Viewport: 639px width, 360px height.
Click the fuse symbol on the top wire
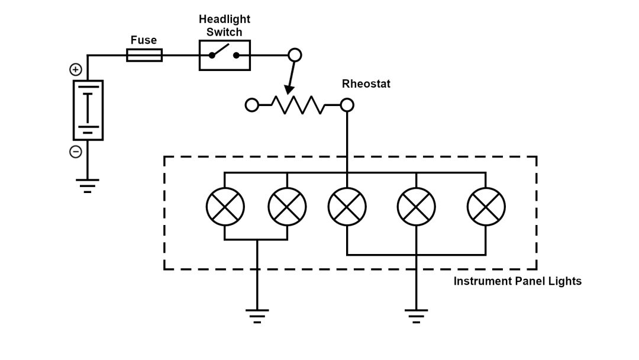coord(144,56)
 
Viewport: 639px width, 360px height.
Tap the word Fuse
coord(144,40)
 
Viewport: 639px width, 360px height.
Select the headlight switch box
coord(224,55)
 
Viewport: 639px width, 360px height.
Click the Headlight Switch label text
coord(224,25)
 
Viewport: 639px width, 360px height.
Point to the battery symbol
coord(88,110)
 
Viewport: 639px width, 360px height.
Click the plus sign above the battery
coord(76,70)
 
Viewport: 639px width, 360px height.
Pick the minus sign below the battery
coord(76,152)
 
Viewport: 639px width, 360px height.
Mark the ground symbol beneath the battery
coord(88,186)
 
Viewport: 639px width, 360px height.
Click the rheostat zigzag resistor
coord(297,105)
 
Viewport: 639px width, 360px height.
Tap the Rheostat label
coord(366,84)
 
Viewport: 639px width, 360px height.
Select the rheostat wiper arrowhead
coord(289,89)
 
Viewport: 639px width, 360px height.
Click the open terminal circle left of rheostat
coord(252,105)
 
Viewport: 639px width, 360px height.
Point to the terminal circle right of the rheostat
coord(347,105)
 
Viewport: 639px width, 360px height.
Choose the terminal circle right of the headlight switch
coord(295,56)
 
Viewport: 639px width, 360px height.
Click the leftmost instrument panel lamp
coord(225,207)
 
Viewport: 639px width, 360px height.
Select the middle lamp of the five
coord(347,207)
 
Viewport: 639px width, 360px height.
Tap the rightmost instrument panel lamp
coord(486,207)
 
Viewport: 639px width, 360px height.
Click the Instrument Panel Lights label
coord(517,281)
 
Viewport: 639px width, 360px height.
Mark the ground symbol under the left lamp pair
coord(256,316)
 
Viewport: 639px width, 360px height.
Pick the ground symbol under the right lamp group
coord(417,316)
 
